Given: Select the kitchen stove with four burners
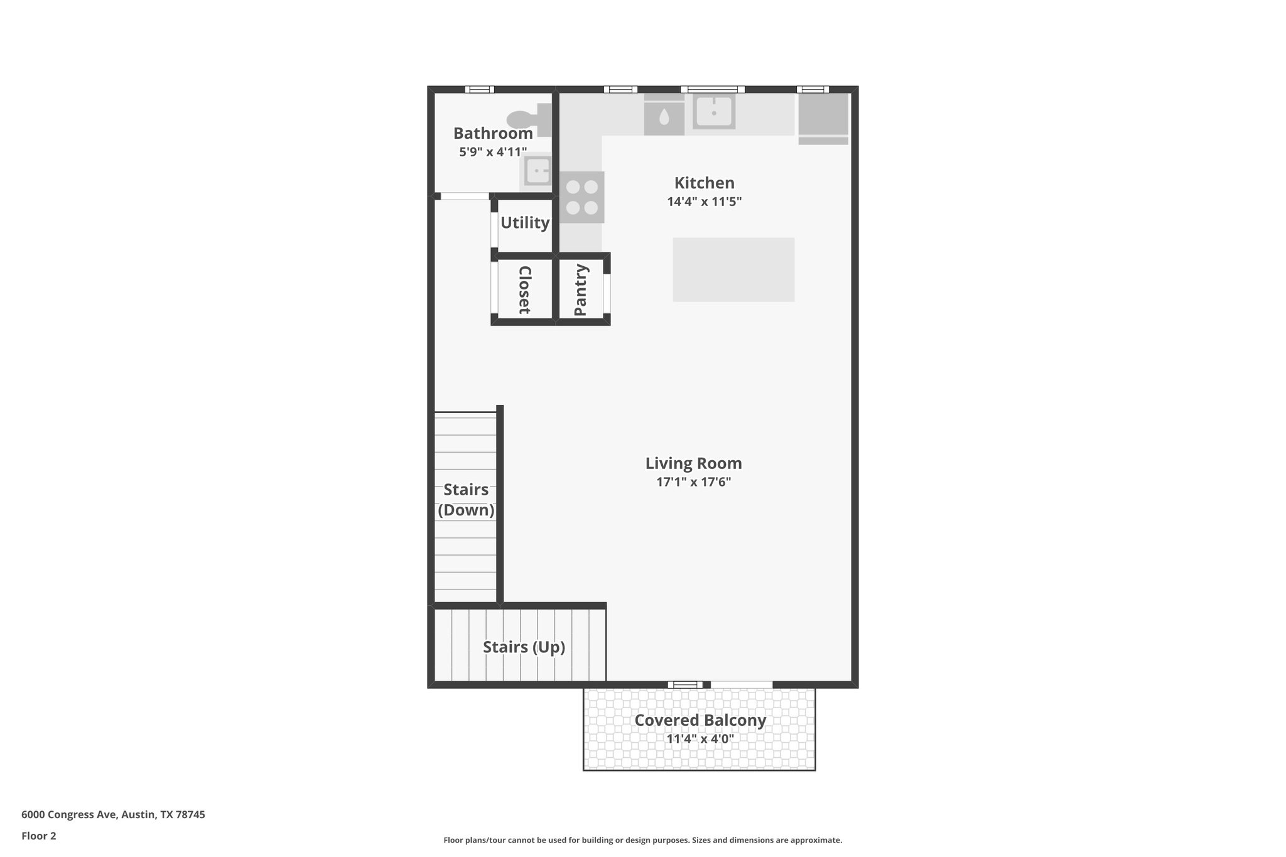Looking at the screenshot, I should click(x=582, y=197).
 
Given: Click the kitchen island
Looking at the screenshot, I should click(x=733, y=269).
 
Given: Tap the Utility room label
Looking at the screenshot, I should click(x=525, y=223).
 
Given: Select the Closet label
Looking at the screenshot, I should click(x=524, y=289).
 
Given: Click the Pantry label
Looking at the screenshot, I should click(x=580, y=289).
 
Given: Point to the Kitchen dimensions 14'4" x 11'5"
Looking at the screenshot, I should click(x=705, y=202).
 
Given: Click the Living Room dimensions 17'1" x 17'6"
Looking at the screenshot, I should click(x=694, y=482).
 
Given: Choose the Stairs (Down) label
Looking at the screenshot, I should click(x=466, y=500).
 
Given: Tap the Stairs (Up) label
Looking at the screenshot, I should click(x=524, y=647).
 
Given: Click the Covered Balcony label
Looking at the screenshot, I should click(x=700, y=720).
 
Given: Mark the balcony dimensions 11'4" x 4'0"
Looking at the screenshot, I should click(x=700, y=739).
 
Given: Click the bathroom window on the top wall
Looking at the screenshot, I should click(x=479, y=89).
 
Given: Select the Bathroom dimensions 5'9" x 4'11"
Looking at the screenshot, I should click(x=493, y=152).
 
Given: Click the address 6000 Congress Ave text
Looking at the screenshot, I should click(x=113, y=815).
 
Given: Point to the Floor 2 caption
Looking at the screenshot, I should click(x=39, y=836).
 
